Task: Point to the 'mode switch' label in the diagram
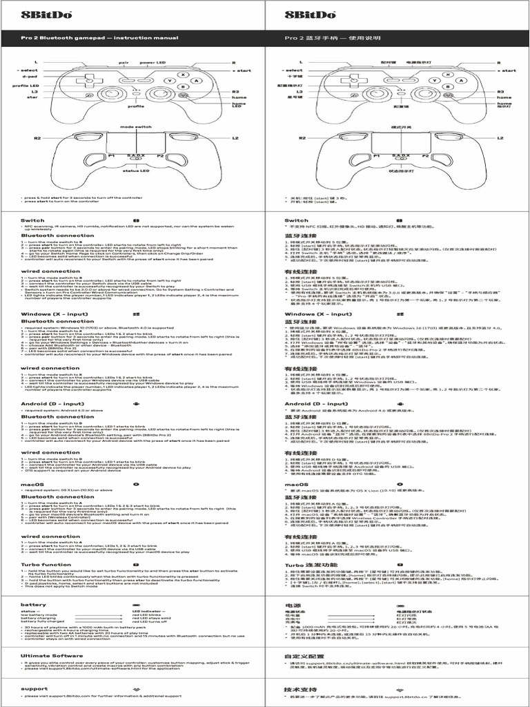pyautogui.click(x=136, y=128)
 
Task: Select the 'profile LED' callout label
pyautogui.click(x=25, y=86)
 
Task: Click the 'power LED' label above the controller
pyautogui.click(x=152, y=63)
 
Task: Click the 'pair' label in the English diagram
pyautogui.click(x=124, y=63)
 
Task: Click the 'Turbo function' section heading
pyautogui.click(x=46, y=564)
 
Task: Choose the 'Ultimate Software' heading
pyautogui.click(x=52, y=656)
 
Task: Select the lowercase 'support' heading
pyautogui.click(x=35, y=688)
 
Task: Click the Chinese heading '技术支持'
pyautogui.click(x=300, y=689)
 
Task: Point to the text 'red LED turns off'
pyautogui.click(x=155, y=621)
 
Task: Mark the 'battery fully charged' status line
pyautogui.click(x=43, y=621)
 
